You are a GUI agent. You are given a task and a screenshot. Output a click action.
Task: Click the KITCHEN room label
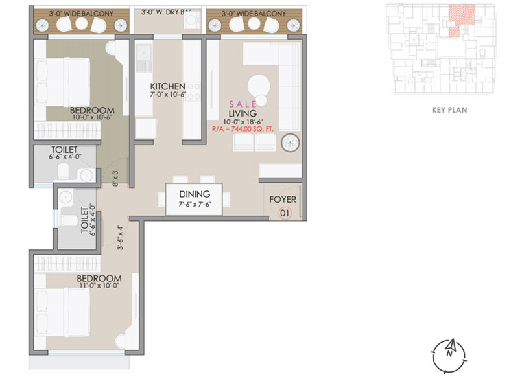point(168,87)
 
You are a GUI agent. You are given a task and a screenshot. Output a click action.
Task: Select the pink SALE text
point(243,104)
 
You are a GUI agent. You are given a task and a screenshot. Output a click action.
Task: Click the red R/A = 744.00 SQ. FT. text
point(243,129)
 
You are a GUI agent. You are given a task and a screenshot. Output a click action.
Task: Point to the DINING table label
point(195,194)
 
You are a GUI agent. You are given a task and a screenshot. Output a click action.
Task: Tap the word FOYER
point(283,200)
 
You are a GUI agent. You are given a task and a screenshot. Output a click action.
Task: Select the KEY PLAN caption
point(449,110)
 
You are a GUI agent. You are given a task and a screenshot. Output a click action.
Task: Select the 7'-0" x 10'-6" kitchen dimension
point(168,95)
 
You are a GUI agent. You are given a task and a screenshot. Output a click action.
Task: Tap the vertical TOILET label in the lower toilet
point(84,220)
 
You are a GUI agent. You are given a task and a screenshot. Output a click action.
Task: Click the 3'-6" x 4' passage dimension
point(120,238)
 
